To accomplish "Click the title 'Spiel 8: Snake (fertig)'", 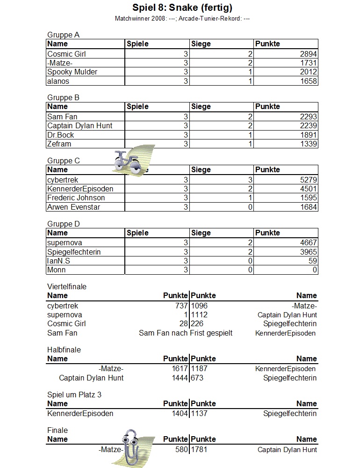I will click(x=182, y=7).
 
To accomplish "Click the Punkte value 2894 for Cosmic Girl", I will click(x=309, y=54).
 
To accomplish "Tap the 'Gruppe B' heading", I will click(x=64, y=98).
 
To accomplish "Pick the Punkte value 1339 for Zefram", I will click(x=309, y=144).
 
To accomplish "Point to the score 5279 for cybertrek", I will click(x=309, y=180).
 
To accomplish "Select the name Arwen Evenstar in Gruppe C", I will click(x=74, y=207).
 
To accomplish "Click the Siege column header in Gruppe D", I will click(x=201, y=233).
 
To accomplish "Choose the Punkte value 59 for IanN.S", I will click(x=313, y=261).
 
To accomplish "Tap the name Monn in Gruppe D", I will click(x=57, y=270).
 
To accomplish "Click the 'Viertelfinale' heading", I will click(x=67, y=286).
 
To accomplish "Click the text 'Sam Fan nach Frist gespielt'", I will click(x=186, y=333).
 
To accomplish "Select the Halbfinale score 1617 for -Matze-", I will click(x=180, y=369).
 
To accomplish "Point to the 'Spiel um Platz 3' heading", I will click(x=74, y=395).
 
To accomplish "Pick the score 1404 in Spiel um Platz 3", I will click(x=180, y=413).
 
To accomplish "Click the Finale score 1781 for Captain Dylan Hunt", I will click(x=199, y=449).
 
